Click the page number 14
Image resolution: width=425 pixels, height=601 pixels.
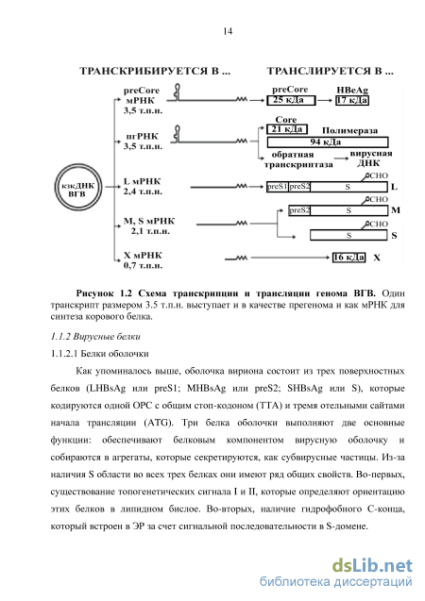[228, 31]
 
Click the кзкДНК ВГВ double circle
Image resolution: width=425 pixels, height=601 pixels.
[57, 187]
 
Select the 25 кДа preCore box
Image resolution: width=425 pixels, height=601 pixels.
[291, 100]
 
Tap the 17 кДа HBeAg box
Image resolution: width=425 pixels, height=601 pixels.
[352, 100]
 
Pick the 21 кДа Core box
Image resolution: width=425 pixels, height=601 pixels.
[287, 129]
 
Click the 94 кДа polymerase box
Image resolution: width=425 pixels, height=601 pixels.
[328, 142]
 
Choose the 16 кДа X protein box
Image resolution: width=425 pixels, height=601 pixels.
[348, 258]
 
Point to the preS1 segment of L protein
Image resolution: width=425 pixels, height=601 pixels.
[278, 187]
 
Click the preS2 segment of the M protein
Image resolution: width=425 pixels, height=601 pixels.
[299, 210]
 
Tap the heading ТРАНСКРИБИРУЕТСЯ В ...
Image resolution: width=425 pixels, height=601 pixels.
[155, 72]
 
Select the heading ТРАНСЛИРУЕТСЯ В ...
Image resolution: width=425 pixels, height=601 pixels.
[330, 72]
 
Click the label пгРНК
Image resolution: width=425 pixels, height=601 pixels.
[142, 137]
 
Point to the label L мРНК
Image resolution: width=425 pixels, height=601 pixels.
[142, 181]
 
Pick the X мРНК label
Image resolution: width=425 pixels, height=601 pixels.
[143, 256]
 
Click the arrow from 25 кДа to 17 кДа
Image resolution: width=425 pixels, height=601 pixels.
[325, 100]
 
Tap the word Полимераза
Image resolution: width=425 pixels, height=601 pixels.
[349, 131]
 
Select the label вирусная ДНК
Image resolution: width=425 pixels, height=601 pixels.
[370, 159]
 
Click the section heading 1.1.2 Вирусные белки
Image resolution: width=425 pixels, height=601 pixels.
[95, 337]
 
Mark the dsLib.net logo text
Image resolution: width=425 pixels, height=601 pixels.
[372, 566]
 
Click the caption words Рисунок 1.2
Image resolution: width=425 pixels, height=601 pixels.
[104, 293]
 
